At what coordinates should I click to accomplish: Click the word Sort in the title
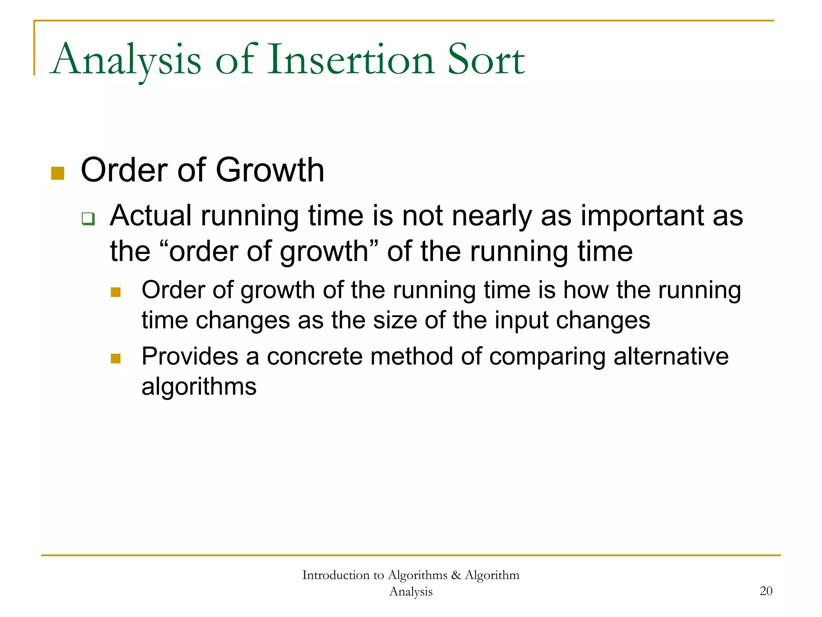(486, 60)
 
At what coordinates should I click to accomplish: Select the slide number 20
(766, 591)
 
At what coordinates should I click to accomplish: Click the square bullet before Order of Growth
(58, 174)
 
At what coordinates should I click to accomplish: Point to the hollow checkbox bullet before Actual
(88, 219)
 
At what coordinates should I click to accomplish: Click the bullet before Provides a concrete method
(116, 358)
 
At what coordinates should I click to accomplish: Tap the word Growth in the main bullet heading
(270, 170)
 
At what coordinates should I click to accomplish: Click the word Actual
(151, 216)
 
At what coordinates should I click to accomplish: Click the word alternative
(671, 356)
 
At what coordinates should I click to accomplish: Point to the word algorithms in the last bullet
(199, 387)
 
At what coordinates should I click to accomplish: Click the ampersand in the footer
(456, 575)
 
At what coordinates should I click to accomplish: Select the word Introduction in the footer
(336, 575)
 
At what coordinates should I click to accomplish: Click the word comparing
(547, 356)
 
